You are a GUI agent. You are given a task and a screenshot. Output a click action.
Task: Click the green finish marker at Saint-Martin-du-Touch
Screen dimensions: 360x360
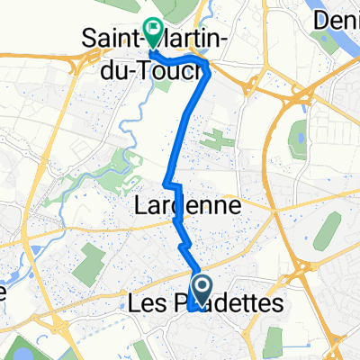pyautogui.click(x=152, y=32)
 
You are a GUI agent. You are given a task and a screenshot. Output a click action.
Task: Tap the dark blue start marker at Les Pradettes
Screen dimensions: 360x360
pyautogui.click(x=202, y=290)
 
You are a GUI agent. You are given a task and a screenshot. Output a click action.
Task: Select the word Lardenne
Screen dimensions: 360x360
pyautogui.click(x=187, y=206)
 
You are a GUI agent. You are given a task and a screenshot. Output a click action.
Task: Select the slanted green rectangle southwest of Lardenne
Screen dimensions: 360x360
pyautogui.click(x=88, y=262)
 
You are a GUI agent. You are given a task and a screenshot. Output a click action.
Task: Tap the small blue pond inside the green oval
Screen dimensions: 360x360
pyautogui.click(x=298, y=141)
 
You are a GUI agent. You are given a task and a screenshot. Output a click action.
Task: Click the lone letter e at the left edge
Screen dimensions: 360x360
pyautogui.click(x=4, y=293)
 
